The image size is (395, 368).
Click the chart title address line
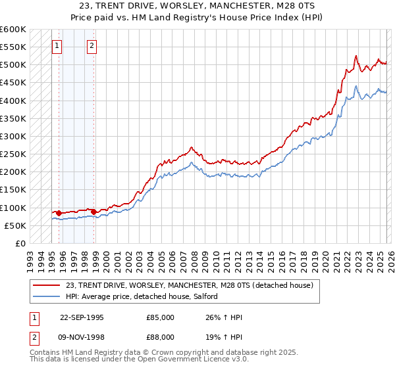point(197,6)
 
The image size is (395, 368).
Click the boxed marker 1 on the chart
point(57,46)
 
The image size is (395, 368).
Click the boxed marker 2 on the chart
point(91,46)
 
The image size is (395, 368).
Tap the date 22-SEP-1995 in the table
point(84,317)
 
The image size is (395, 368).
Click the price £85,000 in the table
point(160,317)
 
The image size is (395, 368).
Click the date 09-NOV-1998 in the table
point(84,338)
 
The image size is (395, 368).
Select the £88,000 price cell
point(160,338)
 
